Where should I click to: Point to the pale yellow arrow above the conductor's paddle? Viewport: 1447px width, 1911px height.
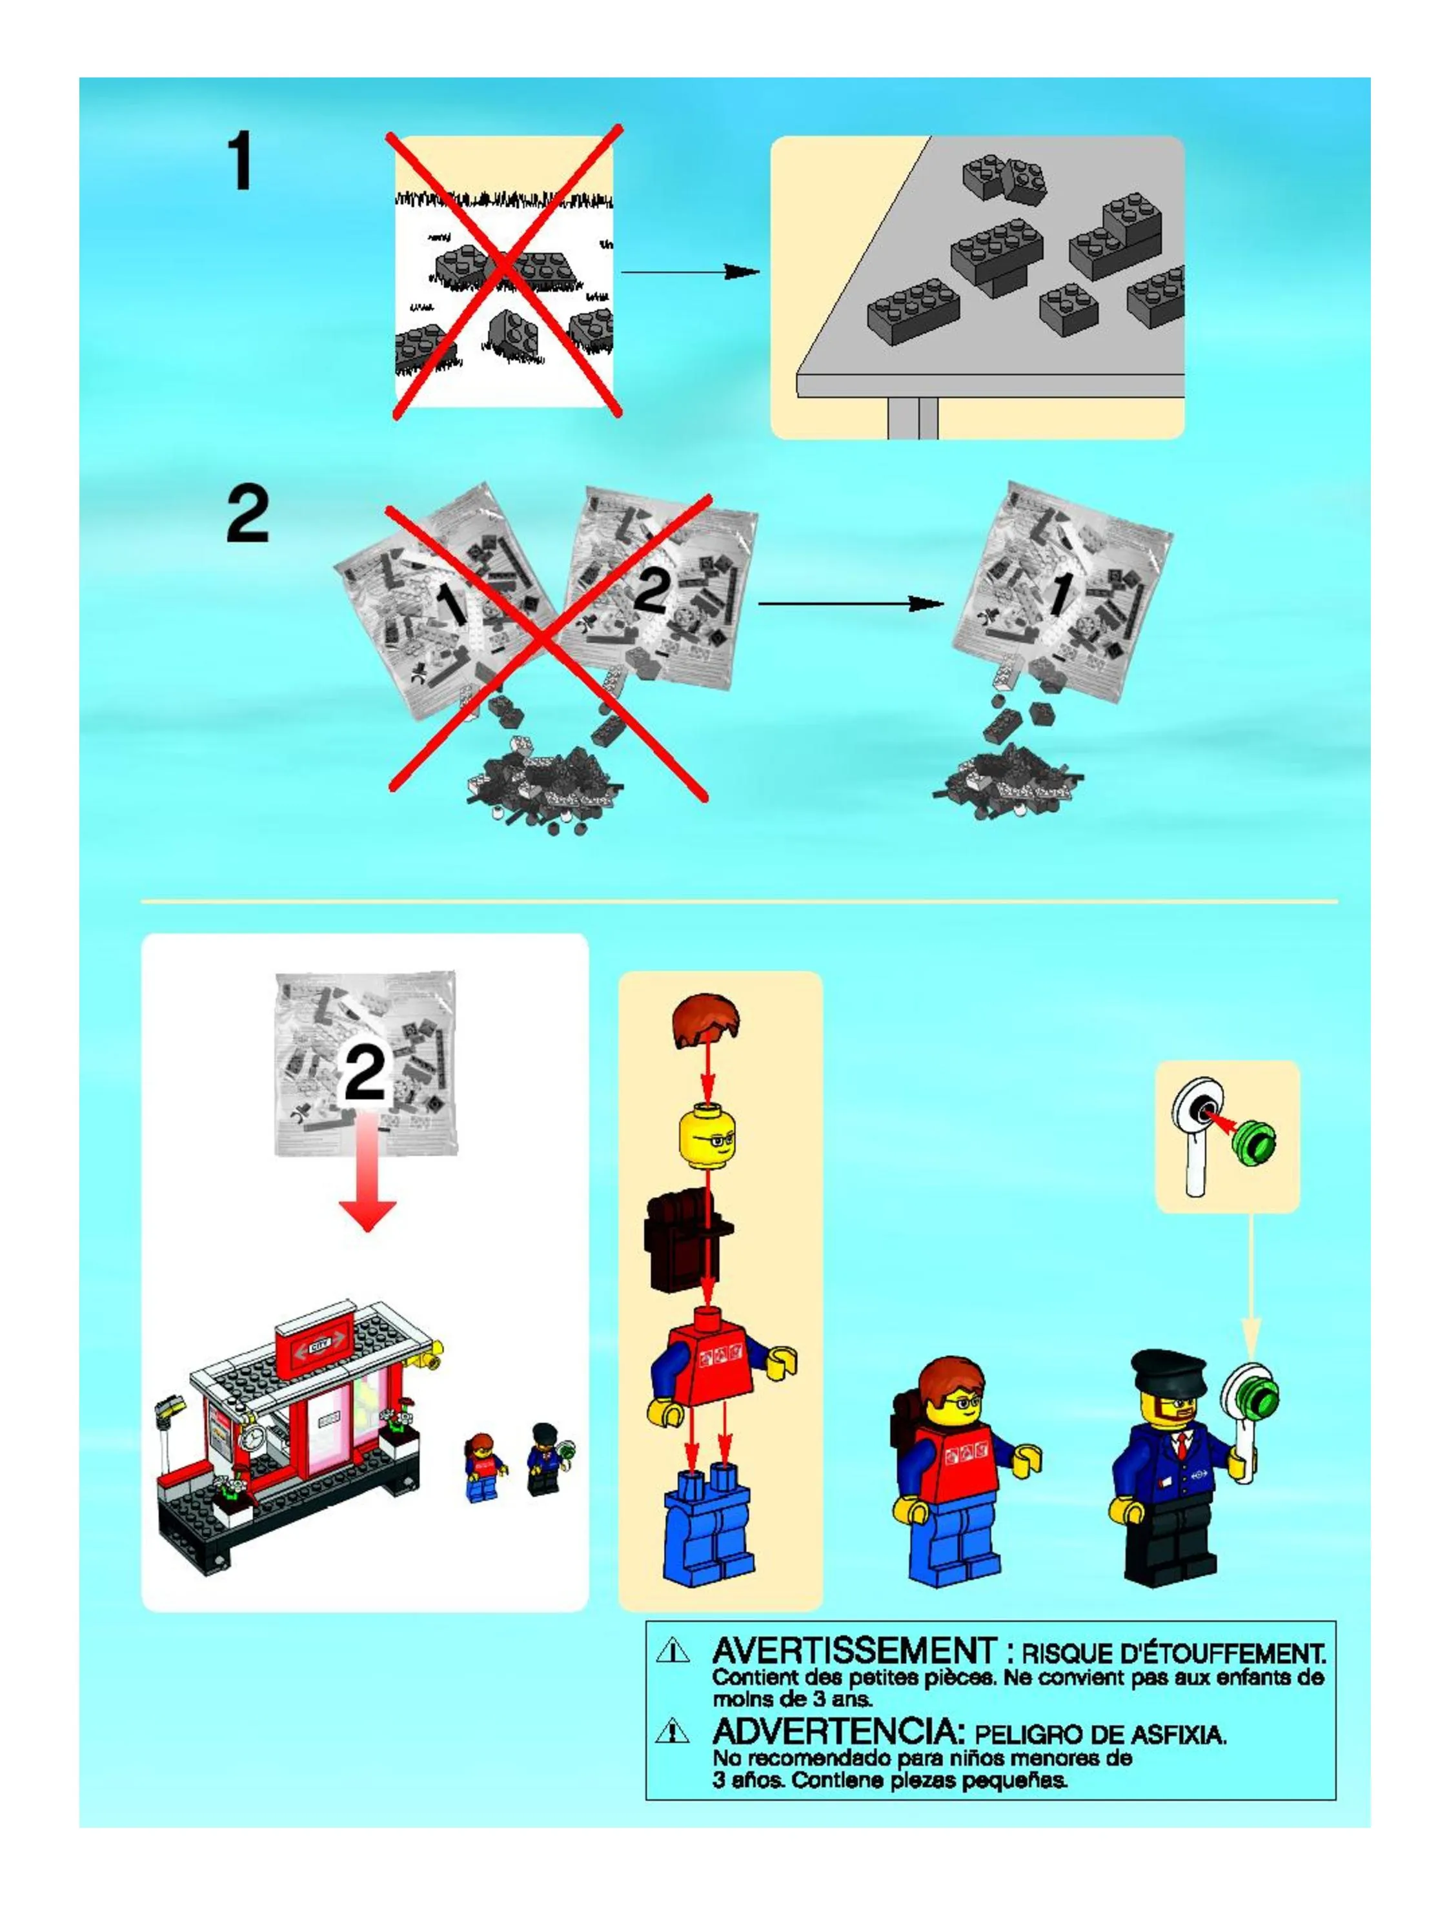click(1251, 1282)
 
